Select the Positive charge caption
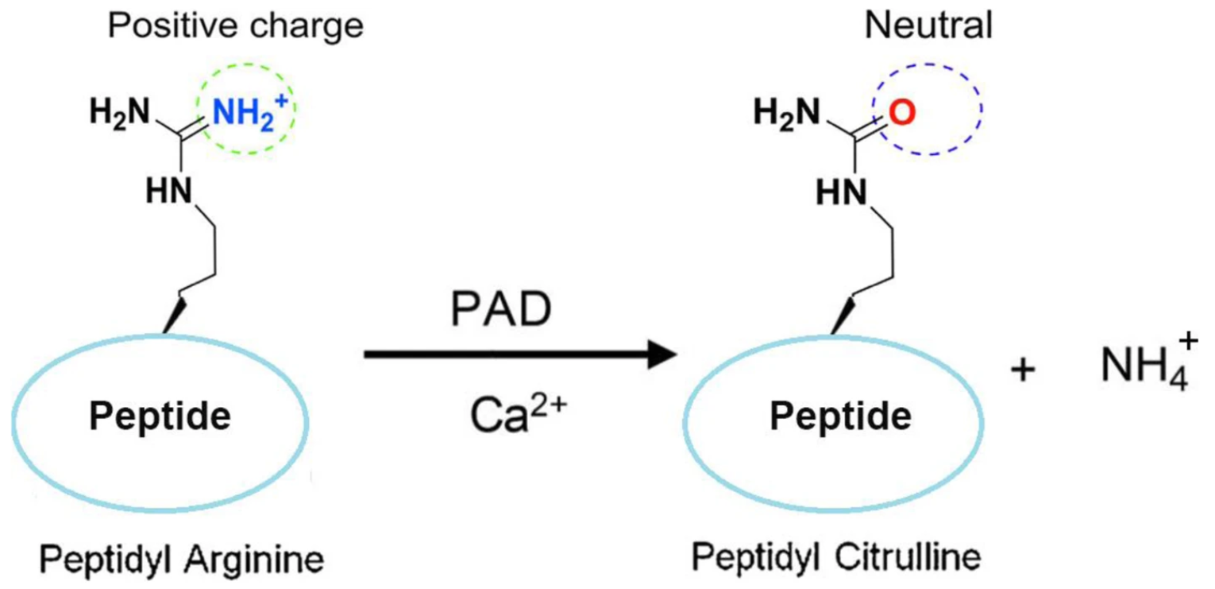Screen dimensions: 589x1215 [235, 27]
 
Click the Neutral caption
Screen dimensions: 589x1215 [928, 27]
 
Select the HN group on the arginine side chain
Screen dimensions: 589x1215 [168, 190]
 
